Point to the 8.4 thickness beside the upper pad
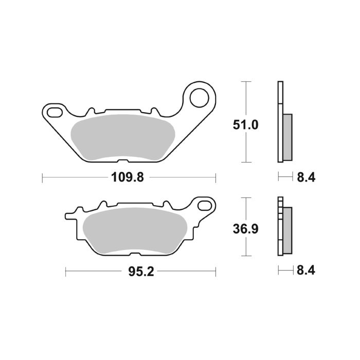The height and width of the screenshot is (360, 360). [305, 178]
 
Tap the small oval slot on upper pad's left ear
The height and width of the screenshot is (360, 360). [54, 111]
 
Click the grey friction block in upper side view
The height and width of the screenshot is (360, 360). [287, 136]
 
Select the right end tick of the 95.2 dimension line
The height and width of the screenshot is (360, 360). [215, 271]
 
